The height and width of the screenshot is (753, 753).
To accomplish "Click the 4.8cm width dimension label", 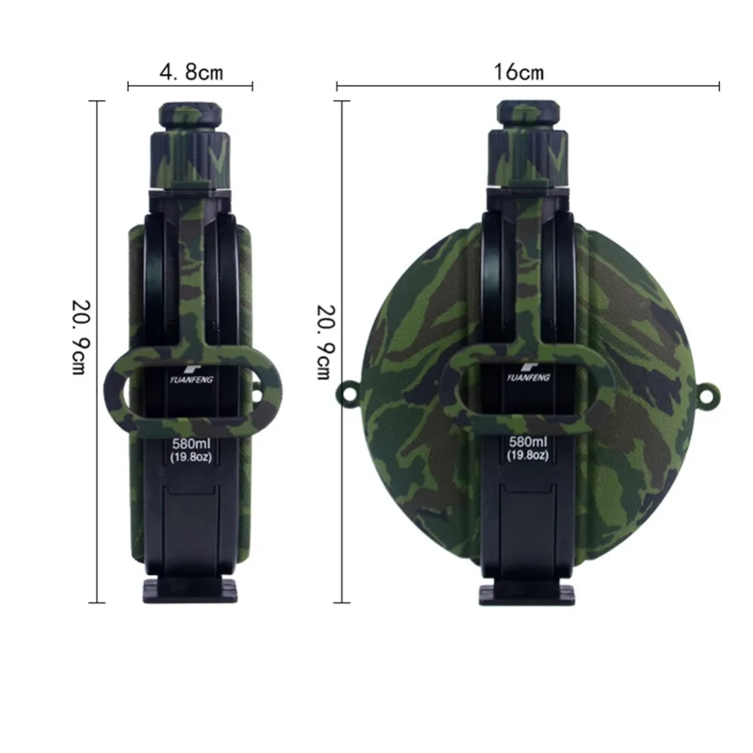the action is (191, 72).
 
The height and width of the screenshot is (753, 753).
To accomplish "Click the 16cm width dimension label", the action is (519, 72).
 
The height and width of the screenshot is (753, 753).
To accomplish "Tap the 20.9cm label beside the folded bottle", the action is (81, 337).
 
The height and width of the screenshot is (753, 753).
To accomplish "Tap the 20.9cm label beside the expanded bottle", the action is (325, 343).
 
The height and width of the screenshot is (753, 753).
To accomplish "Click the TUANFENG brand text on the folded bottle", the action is (191, 380).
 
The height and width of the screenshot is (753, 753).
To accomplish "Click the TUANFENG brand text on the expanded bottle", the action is (529, 377).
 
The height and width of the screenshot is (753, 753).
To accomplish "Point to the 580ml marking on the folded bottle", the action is (191, 444).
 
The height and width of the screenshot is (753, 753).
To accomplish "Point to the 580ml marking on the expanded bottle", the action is (529, 441).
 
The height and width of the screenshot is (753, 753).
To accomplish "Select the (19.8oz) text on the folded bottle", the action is (191, 457).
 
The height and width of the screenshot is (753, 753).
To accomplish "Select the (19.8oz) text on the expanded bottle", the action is (529, 456).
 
